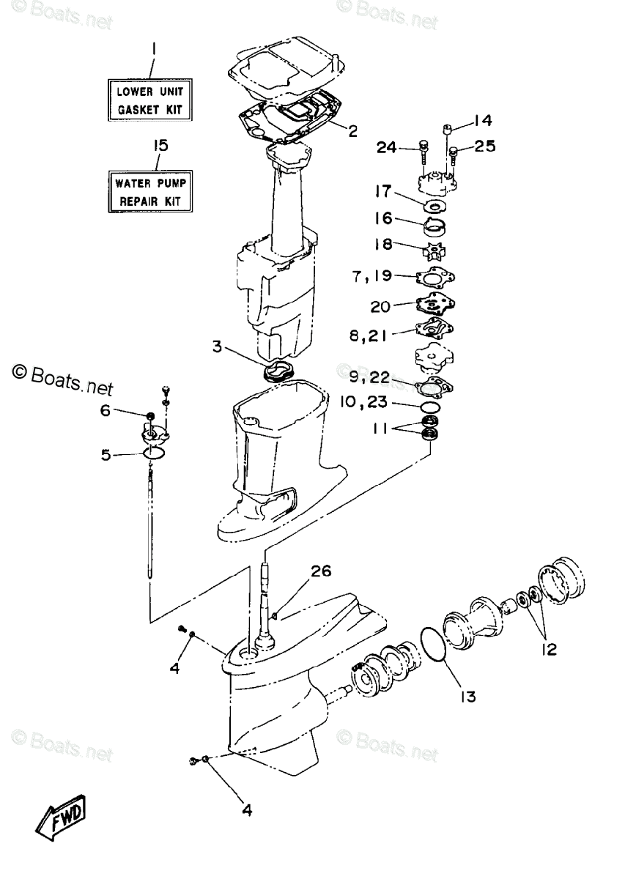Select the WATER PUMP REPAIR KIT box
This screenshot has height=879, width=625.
point(149,190)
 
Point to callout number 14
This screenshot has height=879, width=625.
point(483,120)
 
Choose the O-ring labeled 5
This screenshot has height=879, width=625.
point(153,455)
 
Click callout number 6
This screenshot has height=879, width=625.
point(106,412)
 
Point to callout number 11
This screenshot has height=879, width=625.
point(380,430)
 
